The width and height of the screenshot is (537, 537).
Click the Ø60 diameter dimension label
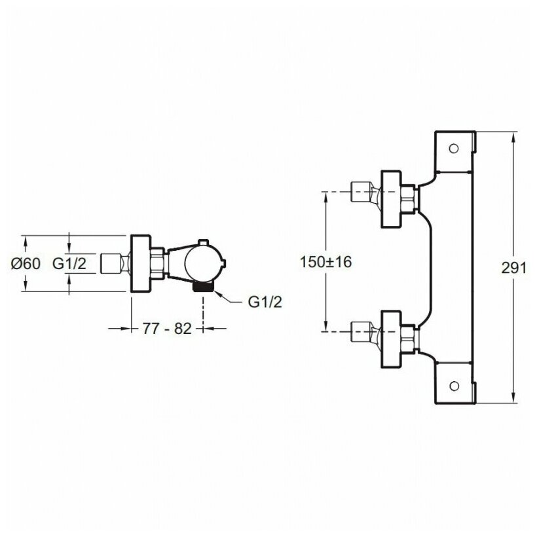(x=26, y=263)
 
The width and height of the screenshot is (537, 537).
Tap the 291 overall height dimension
(x=513, y=268)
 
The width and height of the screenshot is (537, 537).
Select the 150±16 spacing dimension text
(x=325, y=262)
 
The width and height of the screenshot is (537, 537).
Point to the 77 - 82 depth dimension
(x=167, y=329)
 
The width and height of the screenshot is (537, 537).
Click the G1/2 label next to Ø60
(x=69, y=263)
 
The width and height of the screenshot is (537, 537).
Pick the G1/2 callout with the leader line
(x=265, y=302)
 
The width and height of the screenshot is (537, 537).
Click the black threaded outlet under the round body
(x=203, y=286)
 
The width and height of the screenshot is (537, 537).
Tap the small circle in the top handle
(x=454, y=149)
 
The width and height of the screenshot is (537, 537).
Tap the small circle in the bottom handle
(x=454, y=386)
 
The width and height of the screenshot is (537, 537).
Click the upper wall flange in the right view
(x=392, y=198)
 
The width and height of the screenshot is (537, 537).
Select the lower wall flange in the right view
(x=392, y=339)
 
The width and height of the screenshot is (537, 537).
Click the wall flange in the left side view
(x=141, y=263)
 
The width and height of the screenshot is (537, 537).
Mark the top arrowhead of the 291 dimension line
(x=513, y=138)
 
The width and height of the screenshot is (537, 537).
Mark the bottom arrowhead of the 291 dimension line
(x=513, y=398)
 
